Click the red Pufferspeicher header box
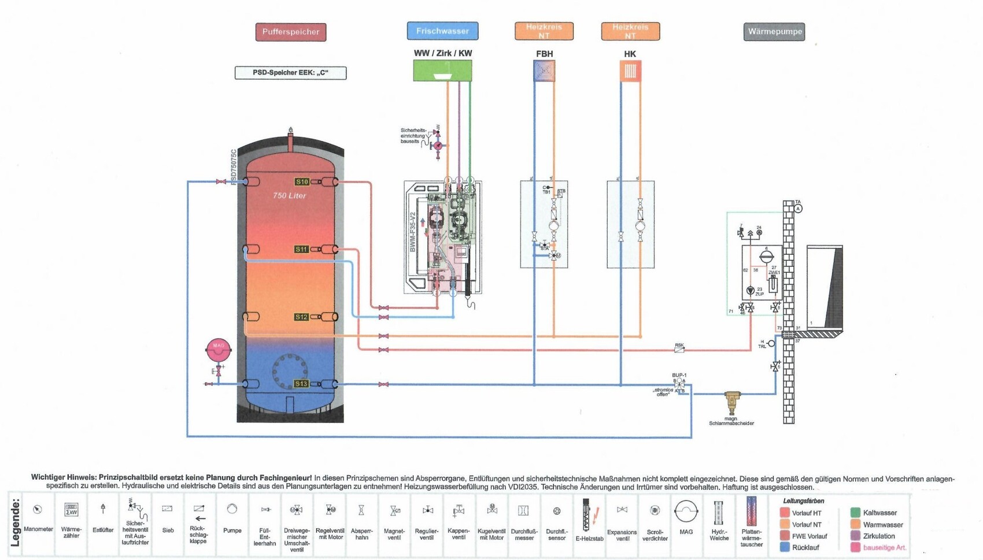(291, 32)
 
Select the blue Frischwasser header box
(442, 31)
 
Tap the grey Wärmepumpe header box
(774, 32)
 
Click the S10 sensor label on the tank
(302, 181)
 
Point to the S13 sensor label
(301, 384)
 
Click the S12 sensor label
(301, 317)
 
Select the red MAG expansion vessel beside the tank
(219, 349)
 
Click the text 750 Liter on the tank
(289, 196)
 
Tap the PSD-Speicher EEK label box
(291, 73)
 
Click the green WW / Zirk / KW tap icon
(442, 71)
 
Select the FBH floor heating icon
(544, 71)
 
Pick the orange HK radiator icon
(630, 71)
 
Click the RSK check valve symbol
(679, 350)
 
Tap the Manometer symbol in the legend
(38, 509)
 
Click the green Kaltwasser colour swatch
(855, 513)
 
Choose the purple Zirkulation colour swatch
(855, 536)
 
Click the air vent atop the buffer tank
(290, 131)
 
